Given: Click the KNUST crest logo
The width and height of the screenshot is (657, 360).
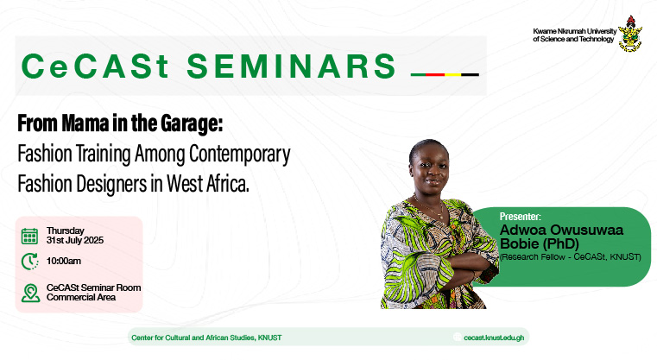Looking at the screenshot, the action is tap(630, 34).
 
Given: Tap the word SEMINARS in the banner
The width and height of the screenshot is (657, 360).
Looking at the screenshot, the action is tap(291, 66).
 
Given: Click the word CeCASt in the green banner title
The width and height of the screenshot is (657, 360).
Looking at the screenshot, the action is tap(95, 66).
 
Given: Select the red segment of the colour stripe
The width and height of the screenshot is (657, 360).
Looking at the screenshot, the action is tap(435, 74).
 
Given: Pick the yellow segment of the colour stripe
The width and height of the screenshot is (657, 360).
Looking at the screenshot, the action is tap(452, 74).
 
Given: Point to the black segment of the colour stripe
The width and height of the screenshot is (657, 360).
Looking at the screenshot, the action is tap(471, 74).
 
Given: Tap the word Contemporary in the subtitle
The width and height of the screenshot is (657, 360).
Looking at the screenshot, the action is tap(240, 155).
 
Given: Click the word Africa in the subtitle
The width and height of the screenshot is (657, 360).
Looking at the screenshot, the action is tap(227, 184).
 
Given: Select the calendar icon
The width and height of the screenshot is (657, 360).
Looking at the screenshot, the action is tap(29, 236).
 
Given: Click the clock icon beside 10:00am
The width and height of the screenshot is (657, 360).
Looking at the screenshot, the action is tap(29, 262).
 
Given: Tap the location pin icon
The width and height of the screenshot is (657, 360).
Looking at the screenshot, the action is tap(30, 293).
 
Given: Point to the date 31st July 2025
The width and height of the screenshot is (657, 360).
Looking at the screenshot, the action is tap(75, 241).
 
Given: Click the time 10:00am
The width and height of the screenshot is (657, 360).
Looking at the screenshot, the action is tap(64, 261).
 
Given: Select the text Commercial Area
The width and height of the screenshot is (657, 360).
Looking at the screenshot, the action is tap(81, 298).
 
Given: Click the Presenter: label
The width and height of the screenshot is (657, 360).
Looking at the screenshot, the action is tap(520, 217).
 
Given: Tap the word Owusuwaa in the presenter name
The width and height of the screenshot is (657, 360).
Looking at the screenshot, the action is tap(586, 230).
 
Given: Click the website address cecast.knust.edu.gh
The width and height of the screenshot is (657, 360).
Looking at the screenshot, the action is tap(494, 338).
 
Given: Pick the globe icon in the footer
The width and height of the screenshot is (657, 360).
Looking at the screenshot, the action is tap(457, 338).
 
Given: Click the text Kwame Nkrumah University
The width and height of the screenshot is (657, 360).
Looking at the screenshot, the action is tap(574, 31).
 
